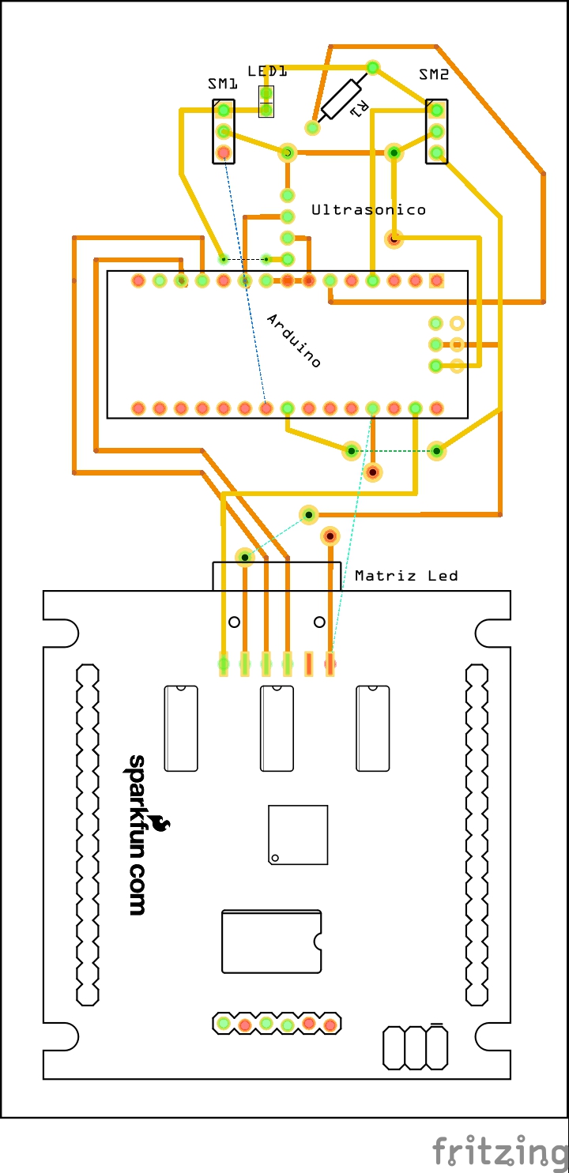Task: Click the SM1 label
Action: coord(223,83)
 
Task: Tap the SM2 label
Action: coord(434,75)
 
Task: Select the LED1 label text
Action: coord(267,71)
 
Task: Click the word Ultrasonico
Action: coord(368,210)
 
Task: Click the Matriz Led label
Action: coord(406,576)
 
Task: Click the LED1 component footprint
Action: coord(266,102)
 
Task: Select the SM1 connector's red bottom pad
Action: coord(224,152)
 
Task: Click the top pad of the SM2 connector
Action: coord(436,110)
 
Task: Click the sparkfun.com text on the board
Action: coord(137,834)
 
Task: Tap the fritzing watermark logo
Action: coord(499,1150)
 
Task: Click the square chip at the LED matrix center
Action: coord(298,835)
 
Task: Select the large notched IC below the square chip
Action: coord(272,942)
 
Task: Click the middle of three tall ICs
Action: coord(277,728)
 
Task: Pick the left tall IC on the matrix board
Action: coord(181,728)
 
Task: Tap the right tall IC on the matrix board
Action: coord(372,728)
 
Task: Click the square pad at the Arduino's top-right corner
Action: coord(436,280)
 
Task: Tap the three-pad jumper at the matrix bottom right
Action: coord(415,1047)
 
